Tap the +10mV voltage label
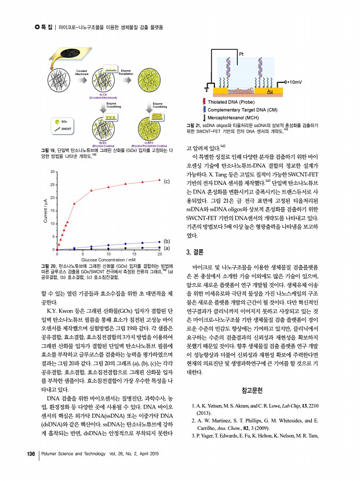(x=294, y=82)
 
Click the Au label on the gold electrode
(x=270, y=91)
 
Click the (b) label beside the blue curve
(x=167, y=240)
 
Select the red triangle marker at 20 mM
(x=159, y=180)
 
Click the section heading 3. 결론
(x=197, y=252)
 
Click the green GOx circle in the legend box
(x=56, y=120)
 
